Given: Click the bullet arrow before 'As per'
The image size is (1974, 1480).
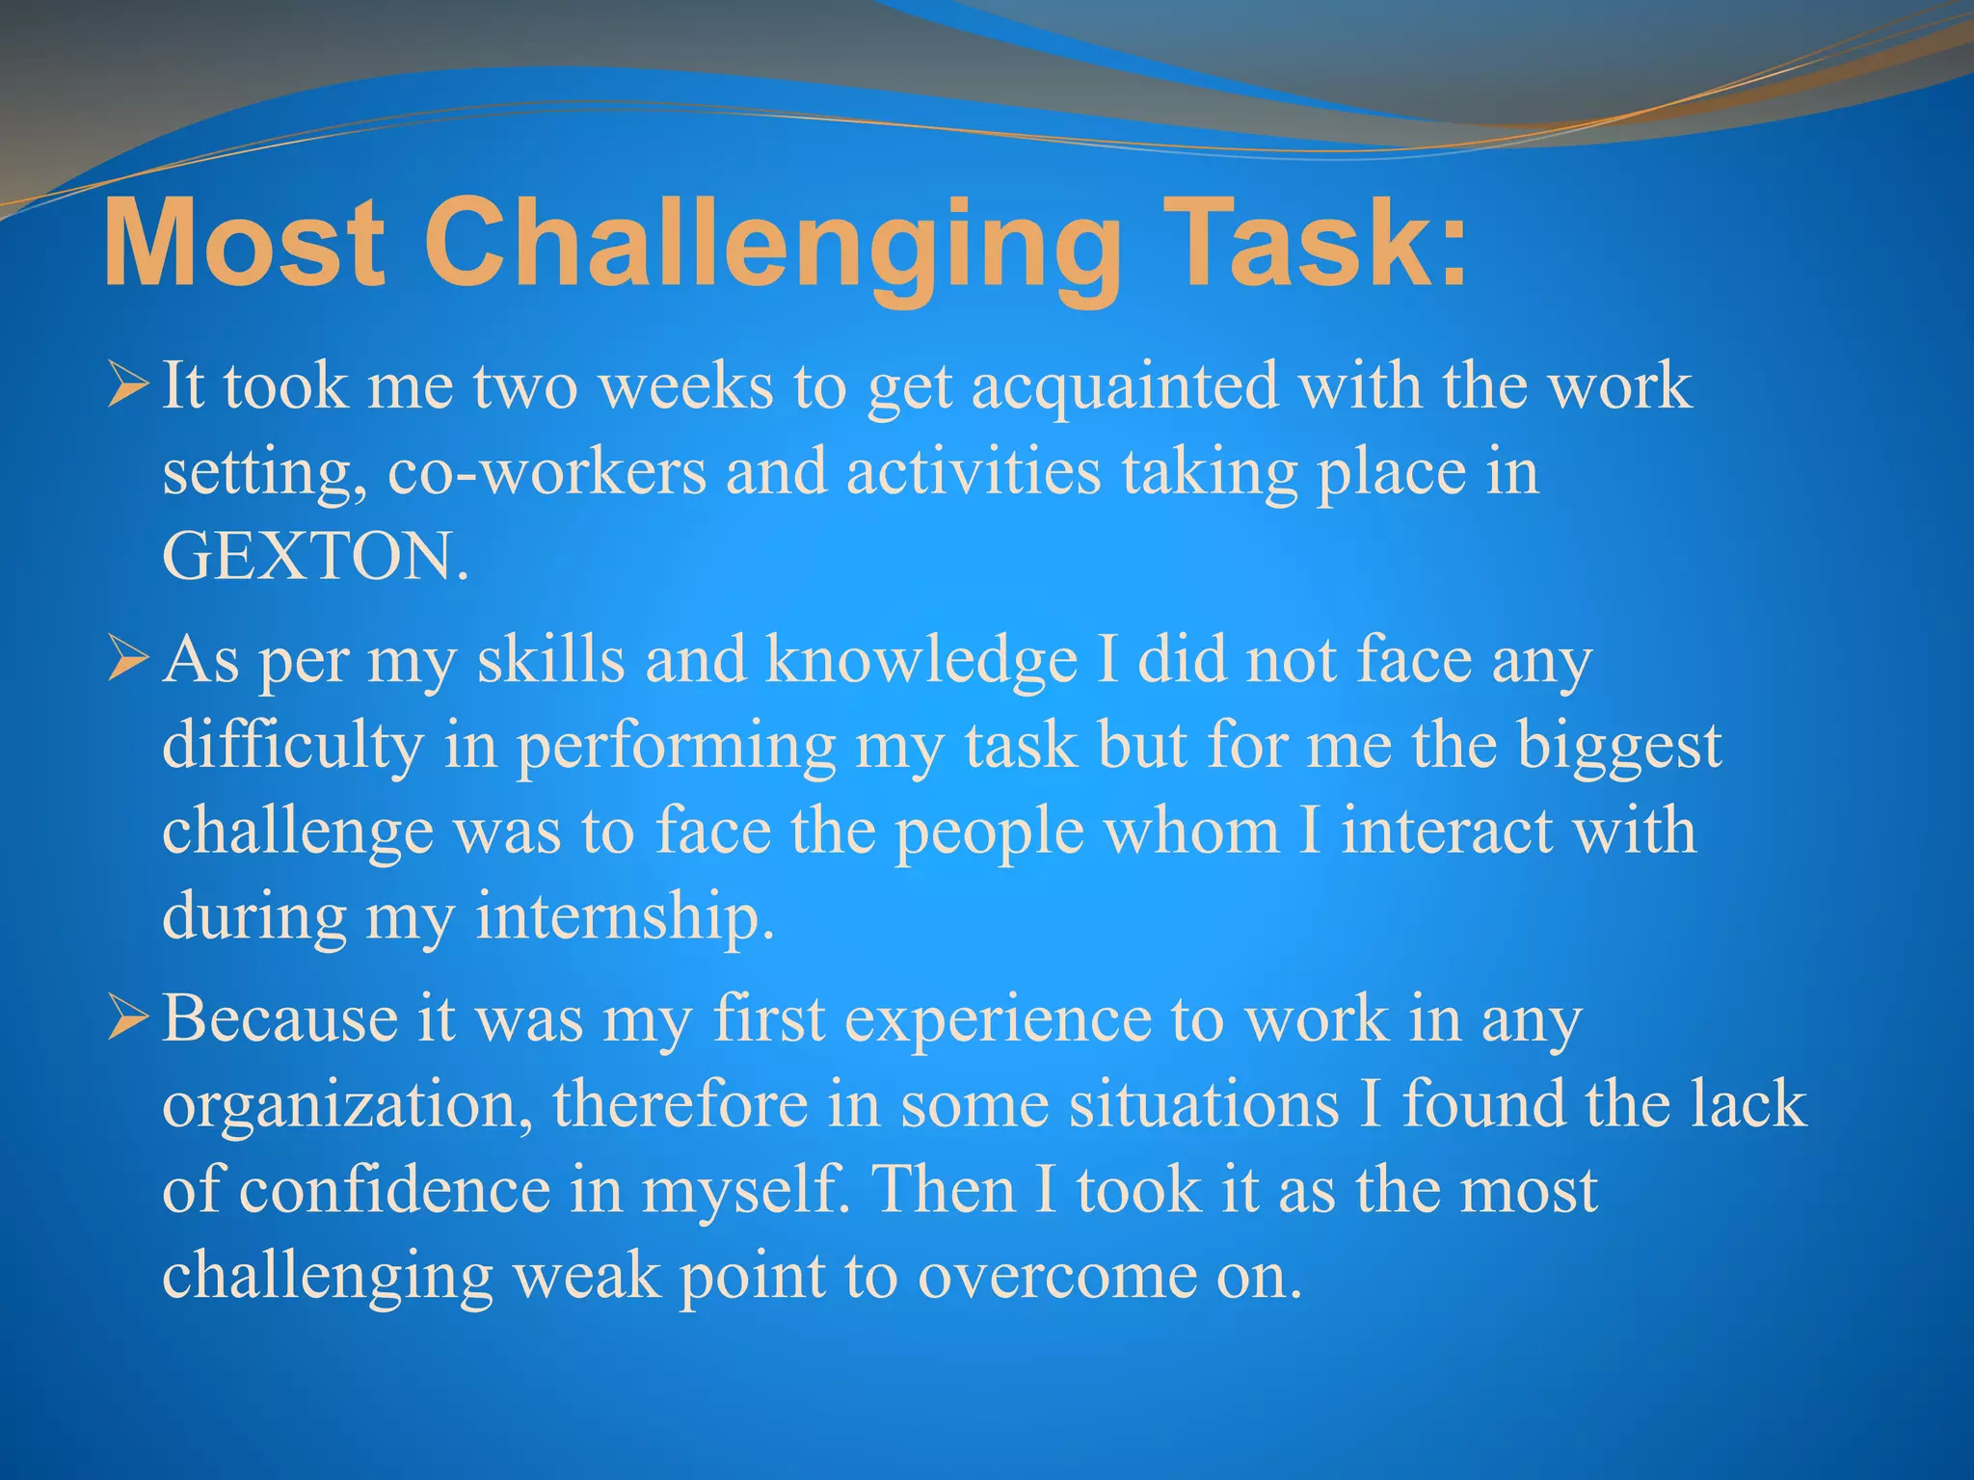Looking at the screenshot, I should (128, 661).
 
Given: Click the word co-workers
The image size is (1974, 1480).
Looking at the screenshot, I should (547, 472).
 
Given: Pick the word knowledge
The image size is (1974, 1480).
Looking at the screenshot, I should (921, 661).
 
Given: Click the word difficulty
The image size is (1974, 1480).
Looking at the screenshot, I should (293, 747).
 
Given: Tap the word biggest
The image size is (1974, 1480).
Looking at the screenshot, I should (1619, 747).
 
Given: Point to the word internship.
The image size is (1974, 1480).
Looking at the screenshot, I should (625, 916).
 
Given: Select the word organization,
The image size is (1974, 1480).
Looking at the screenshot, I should (347, 1104).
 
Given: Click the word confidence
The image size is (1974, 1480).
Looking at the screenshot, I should (393, 1190).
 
